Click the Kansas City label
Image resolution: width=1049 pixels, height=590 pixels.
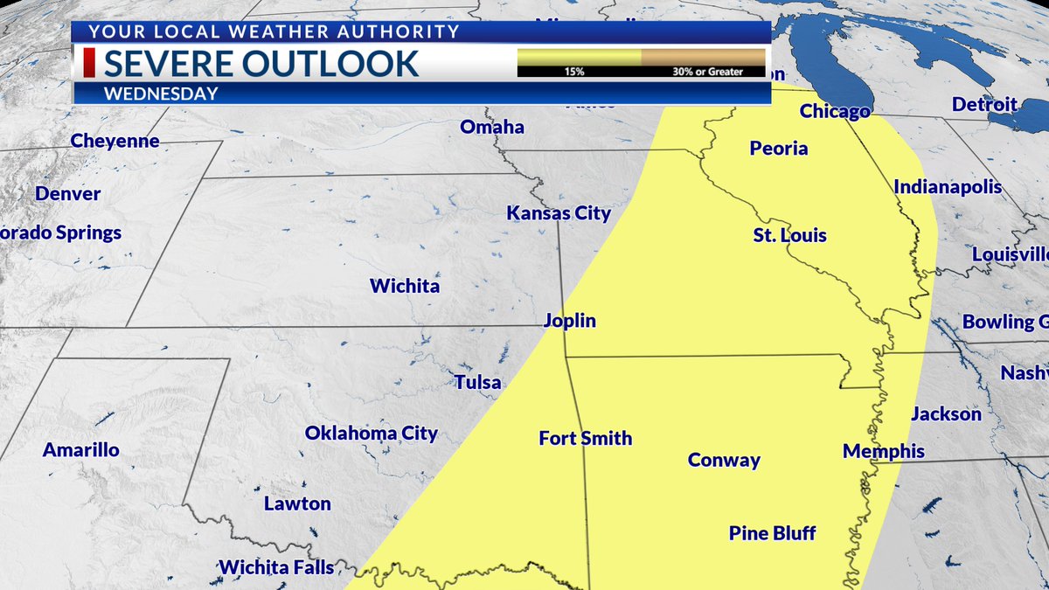(x=559, y=213)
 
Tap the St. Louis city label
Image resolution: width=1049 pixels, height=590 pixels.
(x=789, y=235)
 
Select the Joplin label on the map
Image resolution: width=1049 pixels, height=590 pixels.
(x=569, y=321)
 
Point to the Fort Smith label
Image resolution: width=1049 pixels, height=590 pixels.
(x=585, y=438)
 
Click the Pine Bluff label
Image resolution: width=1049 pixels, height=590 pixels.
(x=772, y=532)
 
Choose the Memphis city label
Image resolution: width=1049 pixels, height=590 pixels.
(x=883, y=451)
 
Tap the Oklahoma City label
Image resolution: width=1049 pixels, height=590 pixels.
(x=371, y=433)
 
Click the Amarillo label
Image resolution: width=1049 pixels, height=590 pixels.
(x=81, y=450)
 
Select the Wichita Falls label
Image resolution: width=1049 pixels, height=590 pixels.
(x=276, y=567)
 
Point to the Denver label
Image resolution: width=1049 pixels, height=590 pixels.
(x=68, y=194)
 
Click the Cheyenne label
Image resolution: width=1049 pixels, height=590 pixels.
(x=115, y=141)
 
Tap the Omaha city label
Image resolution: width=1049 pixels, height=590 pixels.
(x=492, y=127)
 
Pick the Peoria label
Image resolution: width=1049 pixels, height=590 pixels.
(x=778, y=149)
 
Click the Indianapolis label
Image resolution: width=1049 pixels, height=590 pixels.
(x=948, y=187)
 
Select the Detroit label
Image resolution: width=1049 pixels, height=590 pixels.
(x=984, y=105)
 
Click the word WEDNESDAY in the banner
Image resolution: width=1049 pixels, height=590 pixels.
(x=161, y=94)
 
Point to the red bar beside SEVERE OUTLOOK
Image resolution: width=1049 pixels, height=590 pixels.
(x=89, y=64)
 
